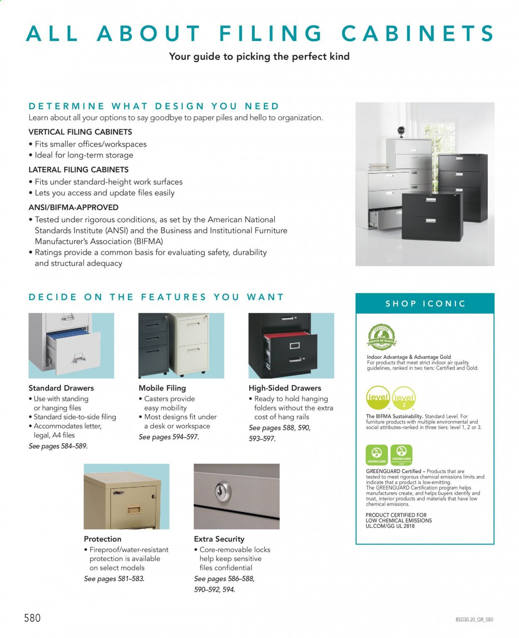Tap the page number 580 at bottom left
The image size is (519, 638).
tap(32, 618)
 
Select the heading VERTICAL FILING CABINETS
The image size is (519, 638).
tap(80, 132)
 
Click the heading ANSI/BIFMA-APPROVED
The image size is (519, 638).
tap(73, 207)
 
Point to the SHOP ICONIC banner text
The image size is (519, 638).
tap(425, 304)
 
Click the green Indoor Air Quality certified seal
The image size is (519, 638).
tap(382, 337)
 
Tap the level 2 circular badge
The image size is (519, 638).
tap(404, 398)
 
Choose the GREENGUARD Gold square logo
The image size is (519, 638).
tap(401, 455)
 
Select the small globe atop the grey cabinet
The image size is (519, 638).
tap(401, 132)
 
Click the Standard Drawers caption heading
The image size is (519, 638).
tap(61, 388)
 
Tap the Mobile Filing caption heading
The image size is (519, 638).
tap(162, 388)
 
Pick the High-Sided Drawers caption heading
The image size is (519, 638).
tap(285, 388)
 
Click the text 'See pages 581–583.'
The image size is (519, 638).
tap(114, 579)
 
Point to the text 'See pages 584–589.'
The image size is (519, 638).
tap(58, 446)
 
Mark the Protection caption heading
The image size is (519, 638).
tap(103, 539)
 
